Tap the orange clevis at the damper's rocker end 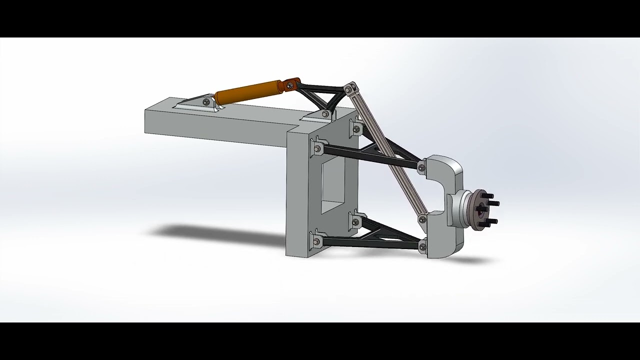[x=290, y=84]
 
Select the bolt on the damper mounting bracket [x=206, y=102]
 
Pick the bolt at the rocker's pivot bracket [x=325, y=114]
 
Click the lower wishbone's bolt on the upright [x=422, y=245]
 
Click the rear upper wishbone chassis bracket [x=355, y=127]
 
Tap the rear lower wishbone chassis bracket [x=356, y=221]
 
